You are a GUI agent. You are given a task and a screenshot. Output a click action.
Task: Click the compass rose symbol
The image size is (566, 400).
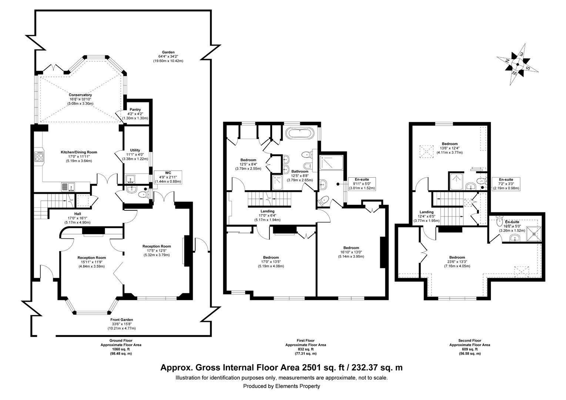coord(518,64)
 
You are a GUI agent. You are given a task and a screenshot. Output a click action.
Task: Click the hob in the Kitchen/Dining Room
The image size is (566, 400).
coord(39,157)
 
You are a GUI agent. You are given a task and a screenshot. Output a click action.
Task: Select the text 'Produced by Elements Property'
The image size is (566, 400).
coord(281,386)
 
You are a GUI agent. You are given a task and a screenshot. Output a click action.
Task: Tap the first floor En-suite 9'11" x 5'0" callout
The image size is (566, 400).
coord(362,184)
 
